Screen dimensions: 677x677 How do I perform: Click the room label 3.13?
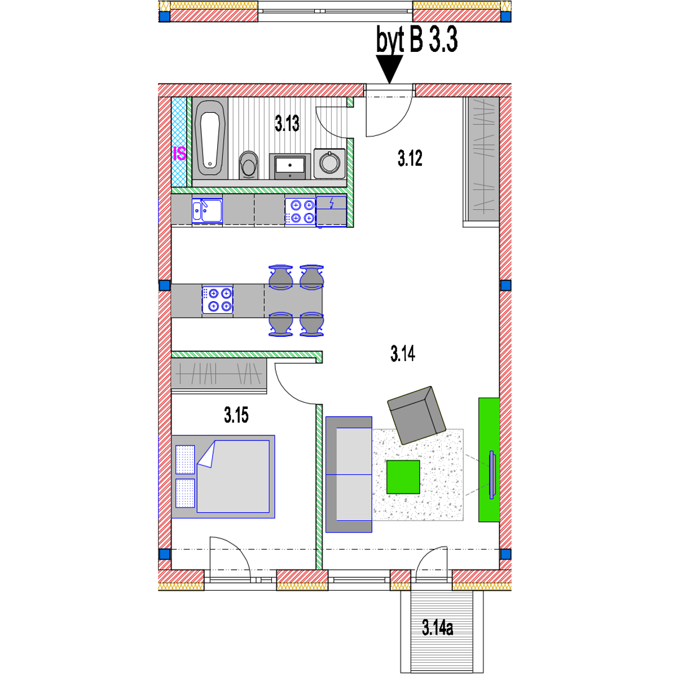[x=287, y=123]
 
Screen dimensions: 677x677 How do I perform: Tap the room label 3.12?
[x=410, y=159]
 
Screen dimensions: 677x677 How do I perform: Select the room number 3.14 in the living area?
[x=403, y=354]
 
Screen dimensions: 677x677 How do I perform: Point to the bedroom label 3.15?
[x=236, y=416]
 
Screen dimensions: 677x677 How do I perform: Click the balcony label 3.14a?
[x=437, y=627]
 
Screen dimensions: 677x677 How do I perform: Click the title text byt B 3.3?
[x=417, y=41]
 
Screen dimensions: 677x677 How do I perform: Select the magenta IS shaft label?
[x=179, y=153]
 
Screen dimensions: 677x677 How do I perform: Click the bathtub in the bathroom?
[x=210, y=139]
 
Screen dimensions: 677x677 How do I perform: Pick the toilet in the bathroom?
[x=248, y=164]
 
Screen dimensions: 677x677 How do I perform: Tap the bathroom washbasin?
[x=290, y=166]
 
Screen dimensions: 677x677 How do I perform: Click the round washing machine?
[x=329, y=163]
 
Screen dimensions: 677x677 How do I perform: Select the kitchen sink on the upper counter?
[x=206, y=210]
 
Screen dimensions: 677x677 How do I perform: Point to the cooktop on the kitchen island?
[x=218, y=300]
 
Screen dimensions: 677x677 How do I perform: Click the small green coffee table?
[x=403, y=477]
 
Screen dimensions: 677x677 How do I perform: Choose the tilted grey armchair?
[x=416, y=415]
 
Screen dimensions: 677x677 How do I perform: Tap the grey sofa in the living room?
[x=349, y=474]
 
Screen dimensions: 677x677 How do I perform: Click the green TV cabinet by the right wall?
[x=489, y=460]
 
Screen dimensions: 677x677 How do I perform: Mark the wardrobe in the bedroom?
[x=218, y=373]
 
